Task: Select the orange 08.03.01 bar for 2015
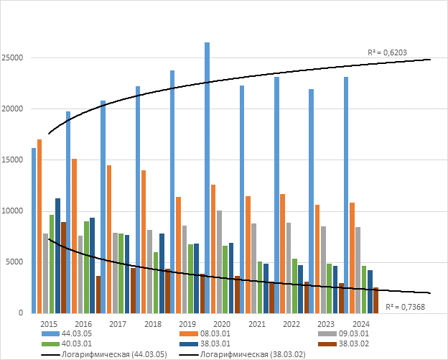coord(39,226)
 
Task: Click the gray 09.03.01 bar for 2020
coord(219,262)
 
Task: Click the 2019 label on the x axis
coord(187,325)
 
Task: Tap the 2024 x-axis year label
coord(361,325)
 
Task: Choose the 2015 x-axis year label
coord(49,325)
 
